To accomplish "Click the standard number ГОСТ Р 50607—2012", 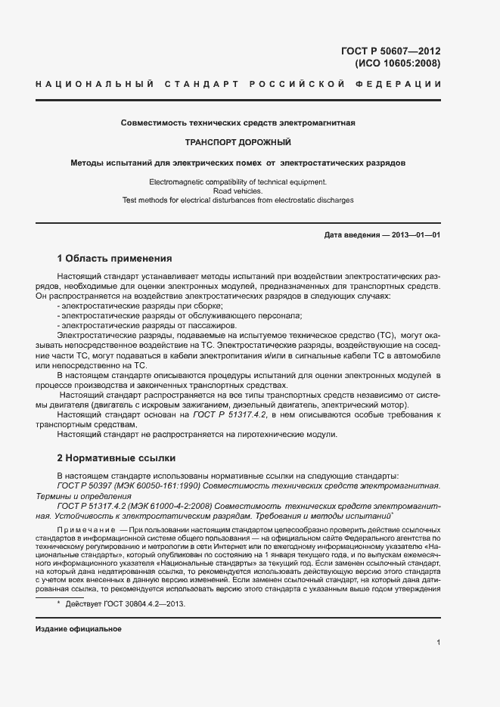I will point(391,51).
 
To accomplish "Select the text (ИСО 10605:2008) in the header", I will point(397,64).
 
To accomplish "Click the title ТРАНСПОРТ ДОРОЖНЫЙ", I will point(238,142).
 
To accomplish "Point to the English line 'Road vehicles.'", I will point(238,191).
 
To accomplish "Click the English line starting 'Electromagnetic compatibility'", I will point(238,182).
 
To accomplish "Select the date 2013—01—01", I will point(416,235).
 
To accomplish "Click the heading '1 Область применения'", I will point(116,259).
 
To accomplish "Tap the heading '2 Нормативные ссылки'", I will point(116,458).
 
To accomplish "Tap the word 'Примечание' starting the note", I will point(86,529).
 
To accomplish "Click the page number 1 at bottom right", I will point(438,643).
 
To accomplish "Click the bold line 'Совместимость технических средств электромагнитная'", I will point(238,122).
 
